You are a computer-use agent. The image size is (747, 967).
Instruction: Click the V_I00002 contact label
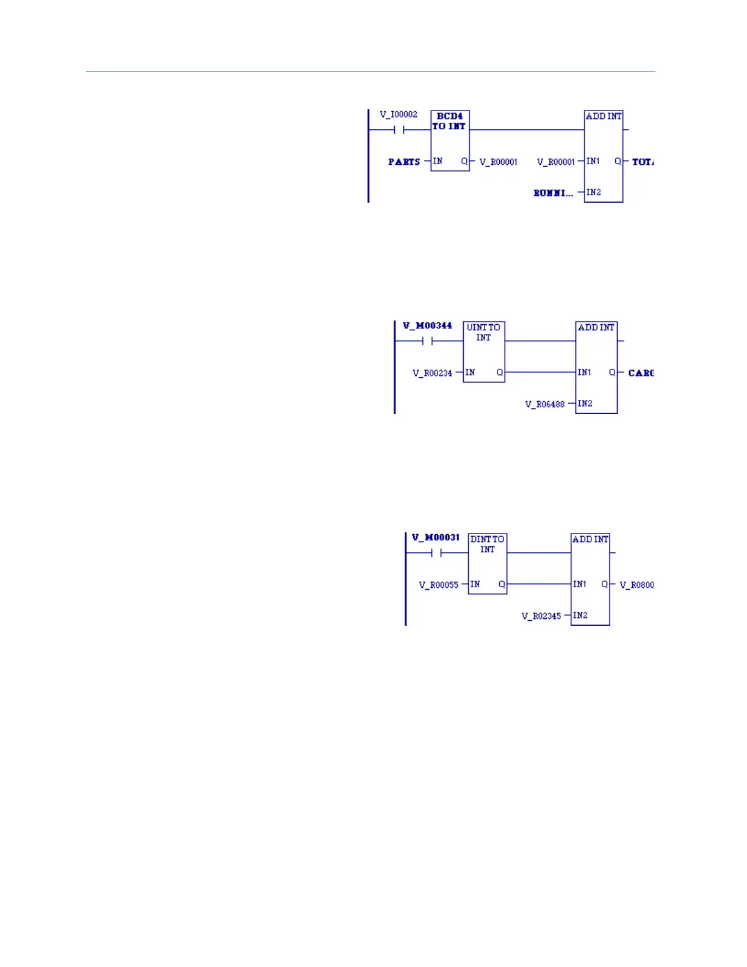(x=399, y=114)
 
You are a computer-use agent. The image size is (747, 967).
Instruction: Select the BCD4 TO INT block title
(x=449, y=121)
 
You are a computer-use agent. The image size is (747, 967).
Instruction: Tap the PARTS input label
(x=404, y=162)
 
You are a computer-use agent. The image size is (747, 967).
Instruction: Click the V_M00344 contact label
(x=427, y=325)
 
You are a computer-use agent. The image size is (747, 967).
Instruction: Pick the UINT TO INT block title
(x=483, y=332)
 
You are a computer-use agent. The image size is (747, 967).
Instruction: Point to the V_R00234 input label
(x=432, y=373)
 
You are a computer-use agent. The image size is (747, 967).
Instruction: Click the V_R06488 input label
(x=545, y=404)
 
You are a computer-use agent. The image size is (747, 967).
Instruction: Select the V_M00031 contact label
(x=436, y=537)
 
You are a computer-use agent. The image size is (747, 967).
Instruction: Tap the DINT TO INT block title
(x=487, y=544)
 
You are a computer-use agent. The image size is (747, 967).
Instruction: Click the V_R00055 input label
(x=438, y=585)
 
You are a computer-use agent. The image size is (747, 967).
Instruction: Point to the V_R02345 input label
(x=541, y=616)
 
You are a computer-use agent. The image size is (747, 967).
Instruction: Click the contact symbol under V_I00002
(x=399, y=129)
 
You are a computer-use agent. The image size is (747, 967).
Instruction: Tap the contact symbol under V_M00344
(x=427, y=341)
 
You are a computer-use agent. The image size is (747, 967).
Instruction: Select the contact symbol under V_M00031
(x=436, y=553)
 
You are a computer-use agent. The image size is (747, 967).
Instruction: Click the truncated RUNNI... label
(x=554, y=193)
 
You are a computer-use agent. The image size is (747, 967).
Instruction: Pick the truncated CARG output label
(x=641, y=373)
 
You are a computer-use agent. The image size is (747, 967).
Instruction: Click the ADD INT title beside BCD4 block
(x=604, y=116)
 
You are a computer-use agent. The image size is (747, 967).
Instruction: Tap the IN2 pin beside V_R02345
(x=580, y=615)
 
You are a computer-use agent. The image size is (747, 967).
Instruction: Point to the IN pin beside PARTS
(x=438, y=161)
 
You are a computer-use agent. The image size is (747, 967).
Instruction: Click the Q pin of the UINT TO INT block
(x=499, y=372)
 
